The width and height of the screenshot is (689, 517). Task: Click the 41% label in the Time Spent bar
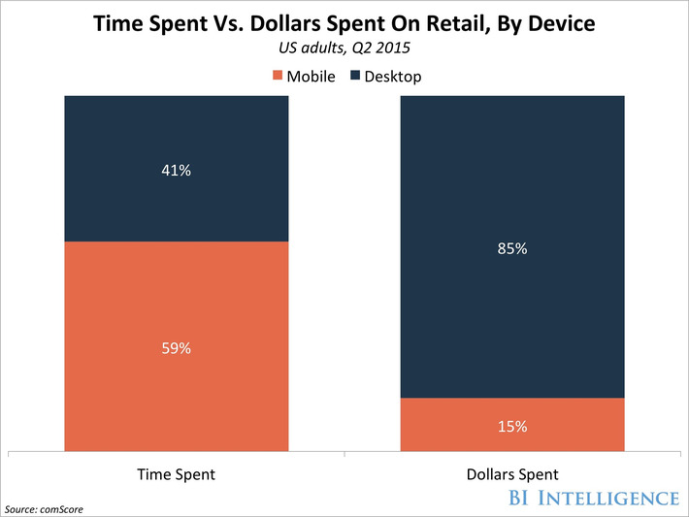click(176, 171)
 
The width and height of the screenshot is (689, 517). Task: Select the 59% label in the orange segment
click(176, 347)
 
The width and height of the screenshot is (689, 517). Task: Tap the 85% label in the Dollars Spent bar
click(512, 248)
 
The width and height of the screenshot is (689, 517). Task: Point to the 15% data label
click(512, 425)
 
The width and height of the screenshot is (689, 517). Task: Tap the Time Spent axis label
click(176, 474)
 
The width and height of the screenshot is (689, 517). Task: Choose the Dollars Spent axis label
click(512, 474)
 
